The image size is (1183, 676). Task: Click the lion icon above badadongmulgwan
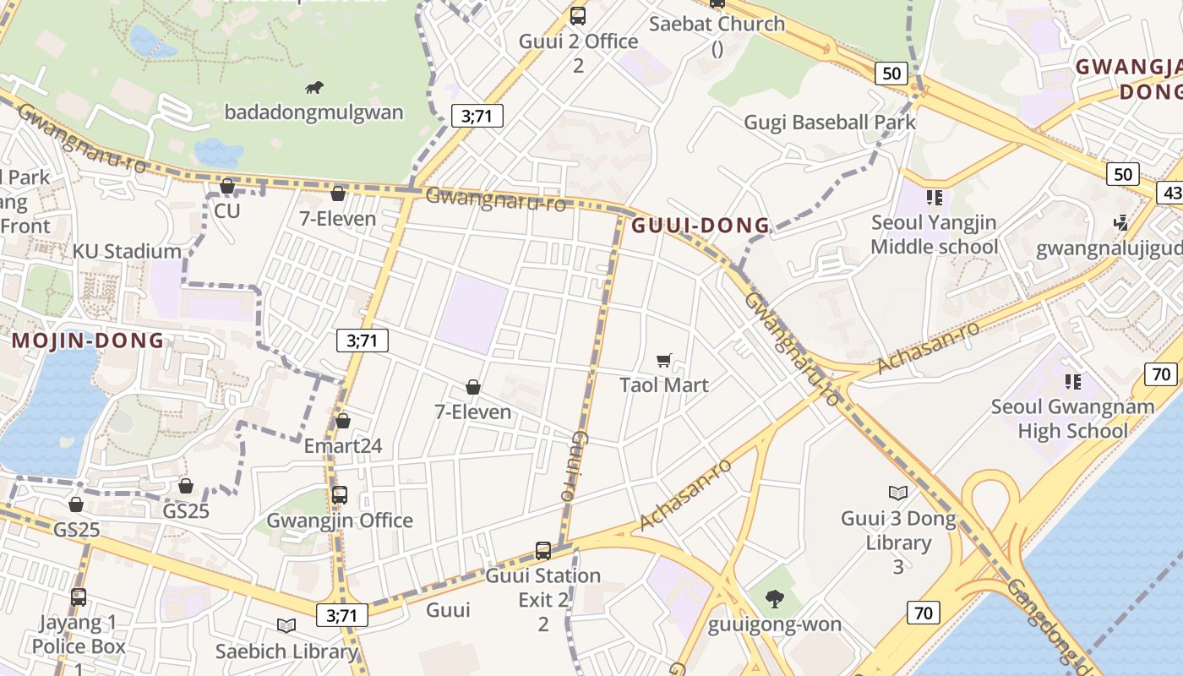point(314,87)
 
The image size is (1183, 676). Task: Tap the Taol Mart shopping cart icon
point(664,361)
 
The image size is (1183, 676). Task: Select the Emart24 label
point(343,445)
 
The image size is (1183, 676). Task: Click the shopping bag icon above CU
point(227,186)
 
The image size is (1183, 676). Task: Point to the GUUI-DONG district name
point(701,226)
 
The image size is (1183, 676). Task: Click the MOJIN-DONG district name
point(88,341)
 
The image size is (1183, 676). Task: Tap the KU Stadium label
point(127,251)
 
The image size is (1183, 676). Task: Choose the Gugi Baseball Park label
point(830,123)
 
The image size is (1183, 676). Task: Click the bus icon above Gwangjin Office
point(340,495)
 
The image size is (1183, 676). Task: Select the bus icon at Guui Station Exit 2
point(543,551)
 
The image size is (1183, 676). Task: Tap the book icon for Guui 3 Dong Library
point(898,493)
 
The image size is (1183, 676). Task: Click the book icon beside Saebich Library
point(286,625)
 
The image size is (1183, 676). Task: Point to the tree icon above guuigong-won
point(774,599)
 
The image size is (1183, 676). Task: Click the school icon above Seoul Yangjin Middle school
point(934,198)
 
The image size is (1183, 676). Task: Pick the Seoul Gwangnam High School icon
point(1073,381)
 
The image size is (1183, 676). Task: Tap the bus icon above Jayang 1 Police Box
point(79,597)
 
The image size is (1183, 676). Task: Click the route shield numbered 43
point(1172,193)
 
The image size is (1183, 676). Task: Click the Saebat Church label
point(717,24)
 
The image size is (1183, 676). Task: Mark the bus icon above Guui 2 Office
point(578,15)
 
